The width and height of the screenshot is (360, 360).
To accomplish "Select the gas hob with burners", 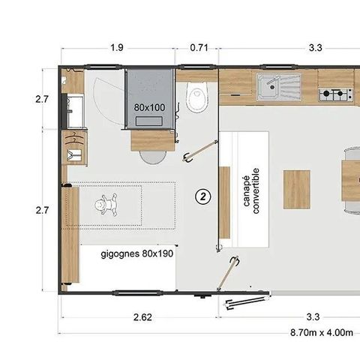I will coord(336,94).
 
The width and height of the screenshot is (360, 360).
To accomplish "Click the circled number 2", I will coord(202,196).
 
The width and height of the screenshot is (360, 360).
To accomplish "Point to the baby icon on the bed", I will coord(108,203).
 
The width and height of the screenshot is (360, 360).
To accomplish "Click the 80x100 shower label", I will coord(149,107).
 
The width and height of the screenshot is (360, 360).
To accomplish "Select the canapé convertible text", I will coord(250,190).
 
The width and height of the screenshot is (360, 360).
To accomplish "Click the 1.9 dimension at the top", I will coord(117,48).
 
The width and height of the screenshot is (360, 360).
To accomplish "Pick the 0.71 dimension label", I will coord(199,48).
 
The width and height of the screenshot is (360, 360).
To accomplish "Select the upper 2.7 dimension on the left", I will coord(43,98).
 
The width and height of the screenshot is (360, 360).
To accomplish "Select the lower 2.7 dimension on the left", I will coord(43,211).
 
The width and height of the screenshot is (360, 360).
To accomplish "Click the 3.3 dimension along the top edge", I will coord(315,48).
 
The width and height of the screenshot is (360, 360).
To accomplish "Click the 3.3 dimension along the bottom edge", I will coord(315,317).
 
